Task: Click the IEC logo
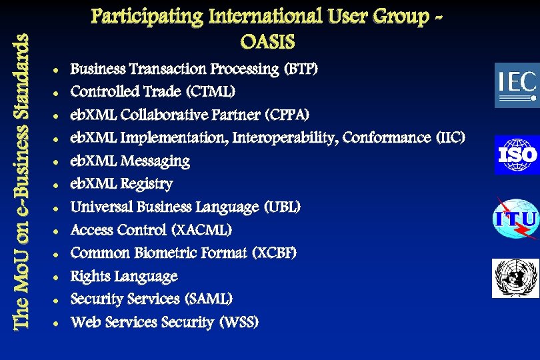pos(516,85)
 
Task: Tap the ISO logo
pos(516,155)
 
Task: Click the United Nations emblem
pos(515,278)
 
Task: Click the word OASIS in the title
pos(267,42)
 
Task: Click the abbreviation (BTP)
pos(301,69)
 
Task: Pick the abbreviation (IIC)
pos(450,138)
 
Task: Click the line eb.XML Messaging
pos(130,161)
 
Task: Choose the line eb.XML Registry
pos(121,184)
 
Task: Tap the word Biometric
pos(185,253)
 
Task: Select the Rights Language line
pos(124,276)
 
